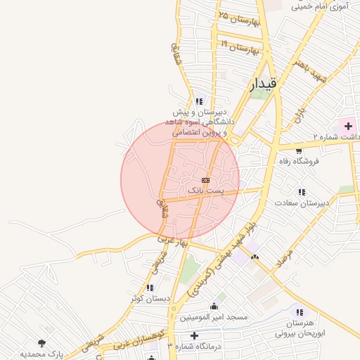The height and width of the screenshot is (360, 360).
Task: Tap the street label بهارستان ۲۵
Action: (239, 18)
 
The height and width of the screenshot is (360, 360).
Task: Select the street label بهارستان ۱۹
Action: (240, 49)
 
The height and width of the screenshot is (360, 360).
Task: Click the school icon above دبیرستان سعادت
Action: (302, 192)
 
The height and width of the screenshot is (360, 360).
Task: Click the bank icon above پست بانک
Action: (205, 181)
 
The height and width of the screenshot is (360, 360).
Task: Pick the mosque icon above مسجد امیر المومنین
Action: (214, 307)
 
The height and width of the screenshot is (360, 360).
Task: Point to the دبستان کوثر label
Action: (150, 299)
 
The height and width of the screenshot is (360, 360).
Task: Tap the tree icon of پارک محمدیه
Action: (41, 342)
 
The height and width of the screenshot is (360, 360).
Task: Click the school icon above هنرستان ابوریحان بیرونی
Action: (300, 312)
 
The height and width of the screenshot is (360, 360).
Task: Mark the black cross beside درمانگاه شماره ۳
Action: (194, 335)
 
